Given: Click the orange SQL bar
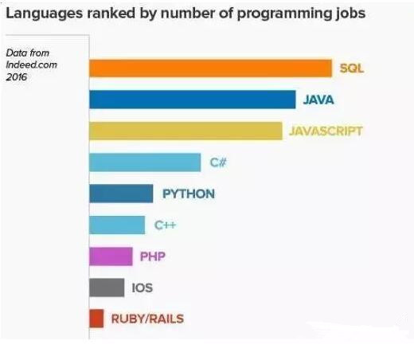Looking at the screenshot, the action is click(x=210, y=68).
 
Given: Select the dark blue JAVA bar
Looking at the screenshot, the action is click(x=193, y=100).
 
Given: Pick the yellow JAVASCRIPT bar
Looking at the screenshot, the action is click(x=186, y=131).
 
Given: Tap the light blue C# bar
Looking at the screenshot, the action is click(x=145, y=162).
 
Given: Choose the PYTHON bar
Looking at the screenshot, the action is click(x=121, y=194).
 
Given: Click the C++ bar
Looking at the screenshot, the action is click(x=117, y=225).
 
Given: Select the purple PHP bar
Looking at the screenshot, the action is click(x=111, y=256).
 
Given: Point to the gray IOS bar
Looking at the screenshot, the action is click(x=107, y=288).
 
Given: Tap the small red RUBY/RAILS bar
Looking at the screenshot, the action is click(x=96, y=319).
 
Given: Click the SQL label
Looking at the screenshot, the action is click(x=352, y=68).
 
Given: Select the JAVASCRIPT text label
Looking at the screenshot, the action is click(x=326, y=131).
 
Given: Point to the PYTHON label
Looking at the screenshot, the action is click(x=189, y=194).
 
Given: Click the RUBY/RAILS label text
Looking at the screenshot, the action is click(x=147, y=319).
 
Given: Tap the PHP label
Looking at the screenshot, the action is click(x=153, y=256).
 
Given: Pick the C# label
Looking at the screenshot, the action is click(x=218, y=162).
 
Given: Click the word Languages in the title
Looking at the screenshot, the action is click(x=45, y=14).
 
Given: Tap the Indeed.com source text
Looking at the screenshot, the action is click(x=31, y=65).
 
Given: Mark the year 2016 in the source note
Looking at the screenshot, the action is click(x=17, y=77).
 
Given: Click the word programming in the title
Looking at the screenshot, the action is click(x=284, y=14).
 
